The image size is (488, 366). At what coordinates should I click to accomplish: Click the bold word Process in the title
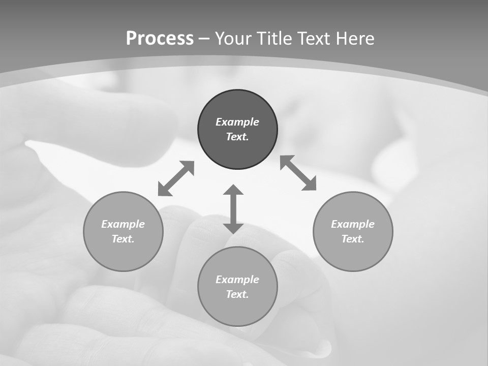click(x=160, y=39)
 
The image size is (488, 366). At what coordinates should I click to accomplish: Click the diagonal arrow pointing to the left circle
click(x=176, y=178)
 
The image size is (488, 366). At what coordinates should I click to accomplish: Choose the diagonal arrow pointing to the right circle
click(x=298, y=173)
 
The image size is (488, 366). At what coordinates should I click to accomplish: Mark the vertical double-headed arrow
click(x=233, y=209)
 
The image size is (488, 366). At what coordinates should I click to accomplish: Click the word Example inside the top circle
click(x=237, y=122)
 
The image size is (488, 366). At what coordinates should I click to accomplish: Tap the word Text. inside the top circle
click(x=237, y=137)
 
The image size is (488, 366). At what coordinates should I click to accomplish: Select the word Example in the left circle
click(x=123, y=224)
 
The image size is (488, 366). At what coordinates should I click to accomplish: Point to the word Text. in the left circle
click(x=123, y=239)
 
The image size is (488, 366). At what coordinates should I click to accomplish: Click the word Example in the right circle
click(x=353, y=224)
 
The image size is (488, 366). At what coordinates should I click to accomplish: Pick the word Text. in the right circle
click(x=353, y=239)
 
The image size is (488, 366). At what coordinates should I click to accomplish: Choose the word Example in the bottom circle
click(x=237, y=280)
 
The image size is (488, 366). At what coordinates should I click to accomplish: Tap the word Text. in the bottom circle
click(x=237, y=294)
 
